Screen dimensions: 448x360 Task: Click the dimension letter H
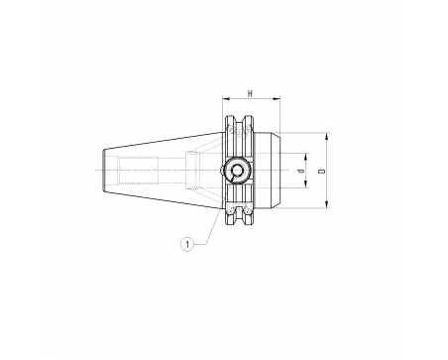click(251, 94)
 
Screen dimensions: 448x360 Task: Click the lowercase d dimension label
click(300, 171)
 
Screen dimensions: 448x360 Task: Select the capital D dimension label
click(322, 171)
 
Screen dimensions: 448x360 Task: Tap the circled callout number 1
click(187, 245)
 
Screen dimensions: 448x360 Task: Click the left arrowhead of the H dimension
click(226, 98)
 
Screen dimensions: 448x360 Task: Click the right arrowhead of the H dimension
click(277, 98)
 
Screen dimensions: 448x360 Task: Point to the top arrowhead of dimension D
click(327, 137)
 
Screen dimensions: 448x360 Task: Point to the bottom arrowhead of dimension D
click(327, 204)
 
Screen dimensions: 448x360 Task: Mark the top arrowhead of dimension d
click(306, 158)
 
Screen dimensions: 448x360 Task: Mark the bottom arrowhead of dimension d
click(306, 183)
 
